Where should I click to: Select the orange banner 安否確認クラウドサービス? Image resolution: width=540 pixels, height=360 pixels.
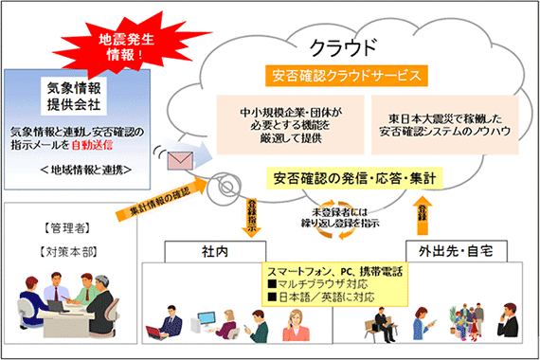click(334, 76)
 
